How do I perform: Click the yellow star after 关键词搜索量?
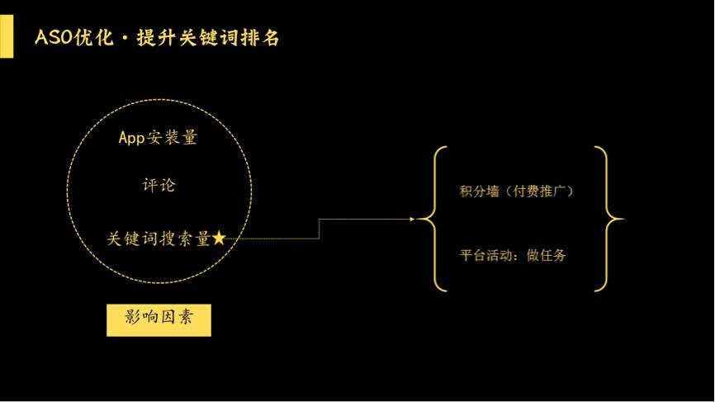tap(219, 238)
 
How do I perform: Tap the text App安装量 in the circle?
tap(158, 137)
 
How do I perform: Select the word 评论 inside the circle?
tap(159, 185)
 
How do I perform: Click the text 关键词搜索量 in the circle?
tap(159, 239)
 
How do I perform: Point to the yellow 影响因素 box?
tap(159, 320)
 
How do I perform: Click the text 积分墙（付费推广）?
tap(516, 191)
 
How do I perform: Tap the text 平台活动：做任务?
tap(513, 255)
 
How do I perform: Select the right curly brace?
tap(609, 219)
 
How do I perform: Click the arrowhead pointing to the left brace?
tap(412, 220)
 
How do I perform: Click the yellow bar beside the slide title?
tap(7, 36)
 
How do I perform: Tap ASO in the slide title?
tap(54, 37)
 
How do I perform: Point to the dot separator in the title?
tap(125, 38)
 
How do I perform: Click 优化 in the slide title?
tap(93, 37)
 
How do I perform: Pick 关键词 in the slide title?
tap(208, 37)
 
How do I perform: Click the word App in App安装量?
tap(132, 138)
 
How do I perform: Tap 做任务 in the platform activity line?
tap(547, 255)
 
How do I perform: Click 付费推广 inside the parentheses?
tap(540, 191)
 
